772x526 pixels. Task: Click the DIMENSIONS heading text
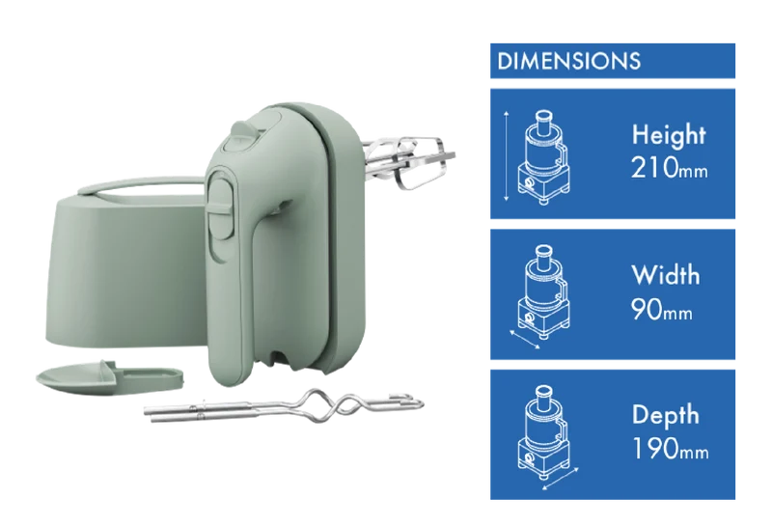[568, 61]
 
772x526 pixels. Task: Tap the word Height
[669, 134]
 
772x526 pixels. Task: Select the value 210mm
[669, 168]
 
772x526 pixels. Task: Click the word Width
[665, 275]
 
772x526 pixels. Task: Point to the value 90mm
[661, 309]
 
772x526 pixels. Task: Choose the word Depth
[665, 415]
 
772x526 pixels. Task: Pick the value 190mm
[670, 449]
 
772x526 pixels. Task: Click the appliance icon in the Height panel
[543, 157]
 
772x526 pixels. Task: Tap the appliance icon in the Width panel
[543, 291]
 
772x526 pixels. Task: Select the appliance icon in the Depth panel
[543, 432]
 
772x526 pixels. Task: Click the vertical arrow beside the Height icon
[506, 156]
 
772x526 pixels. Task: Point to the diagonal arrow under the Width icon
[525, 340]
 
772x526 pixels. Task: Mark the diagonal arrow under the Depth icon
[561, 479]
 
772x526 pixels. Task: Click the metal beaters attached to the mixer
[408, 160]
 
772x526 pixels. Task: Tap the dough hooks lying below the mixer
[284, 405]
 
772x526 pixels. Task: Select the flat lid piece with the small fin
[110, 376]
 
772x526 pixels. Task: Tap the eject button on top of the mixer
[245, 136]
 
